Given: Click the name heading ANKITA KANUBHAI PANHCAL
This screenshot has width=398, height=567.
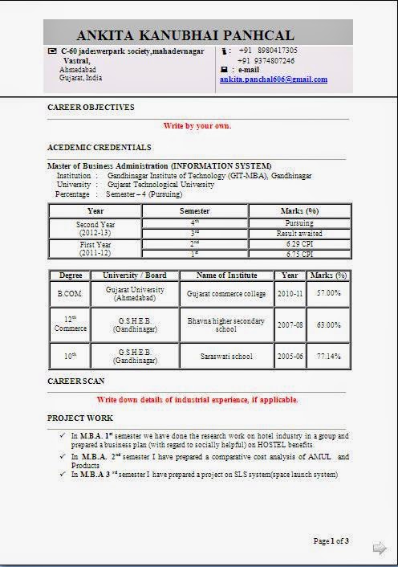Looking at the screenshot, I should [x=185, y=35].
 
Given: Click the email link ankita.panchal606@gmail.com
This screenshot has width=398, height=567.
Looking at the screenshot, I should [x=274, y=80].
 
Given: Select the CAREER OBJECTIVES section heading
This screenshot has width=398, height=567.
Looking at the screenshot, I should [x=91, y=107].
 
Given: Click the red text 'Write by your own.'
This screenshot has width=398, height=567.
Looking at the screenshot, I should [x=197, y=126].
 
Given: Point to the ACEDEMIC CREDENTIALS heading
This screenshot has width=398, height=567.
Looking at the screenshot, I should [x=99, y=148].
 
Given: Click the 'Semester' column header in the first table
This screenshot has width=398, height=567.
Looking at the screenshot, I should [x=195, y=210].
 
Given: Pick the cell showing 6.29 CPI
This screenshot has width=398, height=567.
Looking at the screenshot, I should [x=299, y=243].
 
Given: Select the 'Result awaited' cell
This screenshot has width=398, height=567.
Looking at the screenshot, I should [x=299, y=232].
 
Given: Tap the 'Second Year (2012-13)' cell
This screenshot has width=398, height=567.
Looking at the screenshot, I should [x=95, y=227].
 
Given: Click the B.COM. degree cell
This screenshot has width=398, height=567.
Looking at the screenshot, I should [x=70, y=294].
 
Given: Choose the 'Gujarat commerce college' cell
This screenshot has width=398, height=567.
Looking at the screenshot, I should [x=225, y=294].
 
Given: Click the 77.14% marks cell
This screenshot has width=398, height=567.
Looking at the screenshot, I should [x=327, y=356].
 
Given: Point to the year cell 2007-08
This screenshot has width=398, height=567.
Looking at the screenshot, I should [x=290, y=325].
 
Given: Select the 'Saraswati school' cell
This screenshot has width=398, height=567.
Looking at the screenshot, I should [x=225, y=356].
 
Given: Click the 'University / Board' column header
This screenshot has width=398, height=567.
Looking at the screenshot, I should [x=134, y=275].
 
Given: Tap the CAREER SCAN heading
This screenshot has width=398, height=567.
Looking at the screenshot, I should [x=80, y=380].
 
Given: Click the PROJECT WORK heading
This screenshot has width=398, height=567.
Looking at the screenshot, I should [x=80, y=418].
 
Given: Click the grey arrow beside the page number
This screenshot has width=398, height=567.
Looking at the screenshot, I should [x=380, y=549].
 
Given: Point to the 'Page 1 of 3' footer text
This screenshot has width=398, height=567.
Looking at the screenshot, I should [x=331, y=541].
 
